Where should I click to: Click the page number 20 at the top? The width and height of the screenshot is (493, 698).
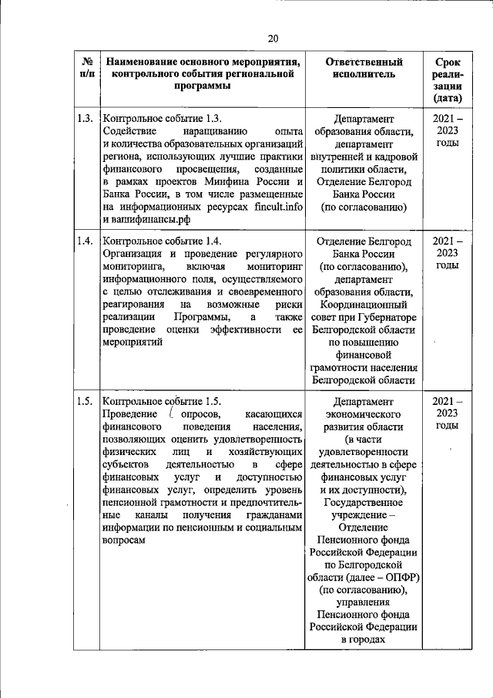click(273, 39)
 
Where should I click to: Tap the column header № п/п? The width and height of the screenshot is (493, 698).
click(87, 68)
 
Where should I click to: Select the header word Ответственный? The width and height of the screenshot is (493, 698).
click(364, 62)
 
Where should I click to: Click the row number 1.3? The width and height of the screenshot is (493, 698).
click(86, 119)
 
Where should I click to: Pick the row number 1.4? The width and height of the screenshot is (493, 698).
click(86, 241)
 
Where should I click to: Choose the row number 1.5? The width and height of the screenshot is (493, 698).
click(86, 401)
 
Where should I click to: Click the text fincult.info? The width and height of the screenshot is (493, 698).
click(282, 206)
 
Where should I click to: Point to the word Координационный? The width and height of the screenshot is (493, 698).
click(364, 304)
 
